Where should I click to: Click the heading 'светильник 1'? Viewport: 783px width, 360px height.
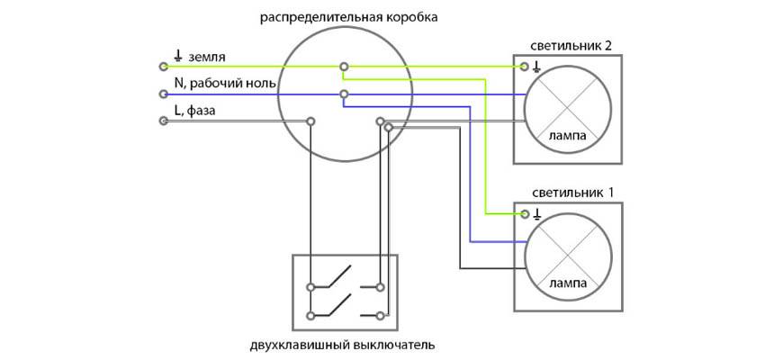click(x=567, y=193)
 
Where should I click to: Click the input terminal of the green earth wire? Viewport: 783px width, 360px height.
click(x=163, y=67)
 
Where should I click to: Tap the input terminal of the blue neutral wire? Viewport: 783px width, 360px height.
click(x=163, y=94)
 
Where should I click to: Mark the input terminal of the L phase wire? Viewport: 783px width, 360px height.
click(x=163, y=121)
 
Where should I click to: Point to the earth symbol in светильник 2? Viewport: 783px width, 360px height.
click(x=536, y=66)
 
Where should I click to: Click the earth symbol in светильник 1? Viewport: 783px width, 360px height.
click(x=536, y=213)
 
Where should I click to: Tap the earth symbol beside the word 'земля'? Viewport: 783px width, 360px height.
click(x=178, y=57)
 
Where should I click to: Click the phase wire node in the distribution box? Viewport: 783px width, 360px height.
click(x=310, y=121)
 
